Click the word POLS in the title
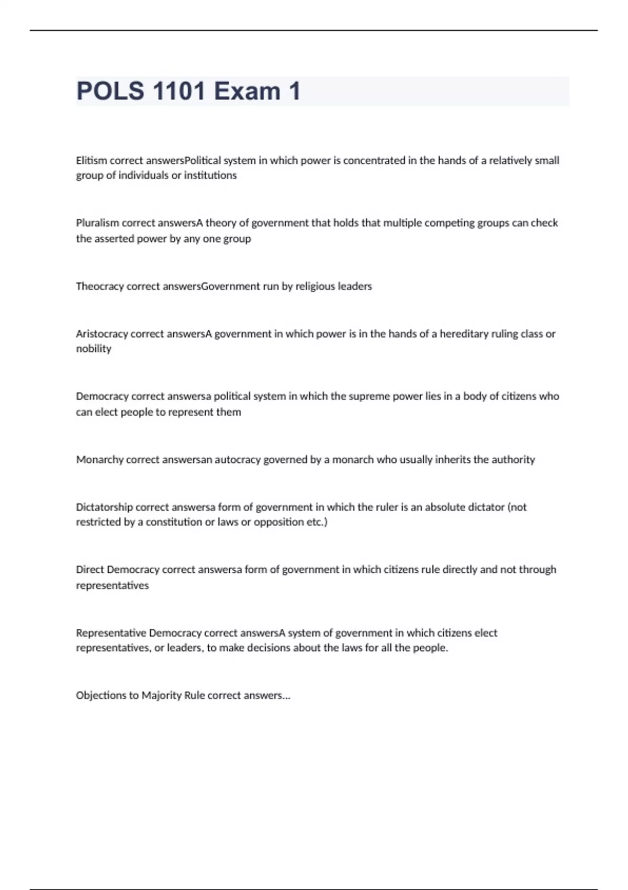(x=110, y=91)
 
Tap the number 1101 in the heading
(x=179, y=91)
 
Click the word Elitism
(x=91, y=160)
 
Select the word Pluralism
(x=97, y=223)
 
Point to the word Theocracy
(x=99, y=286)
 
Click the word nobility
(x=94, y=349)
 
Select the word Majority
(x=161, y=696)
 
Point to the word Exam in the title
(x=247, y=91)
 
